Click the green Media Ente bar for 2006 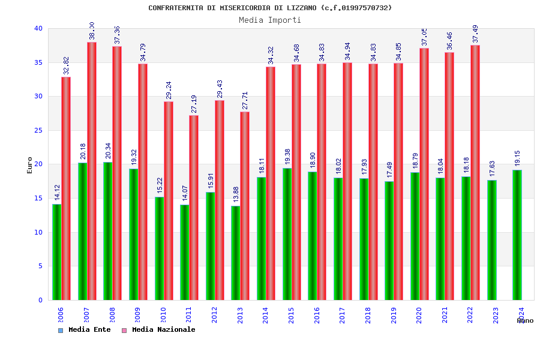tap(56, 252)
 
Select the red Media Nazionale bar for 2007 tap(92, 171)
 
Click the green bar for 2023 tap(492, 240)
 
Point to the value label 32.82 tap(67, 65)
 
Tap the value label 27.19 tap(194, 104)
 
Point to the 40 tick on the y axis tap(38, 28)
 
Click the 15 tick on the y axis tap(38, 198)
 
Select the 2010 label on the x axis tap(163, 315)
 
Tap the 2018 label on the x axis tap(368, 315)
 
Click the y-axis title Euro tap(30, 165)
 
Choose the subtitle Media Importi tap(270, 20)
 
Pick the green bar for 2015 tap(287, 234)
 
